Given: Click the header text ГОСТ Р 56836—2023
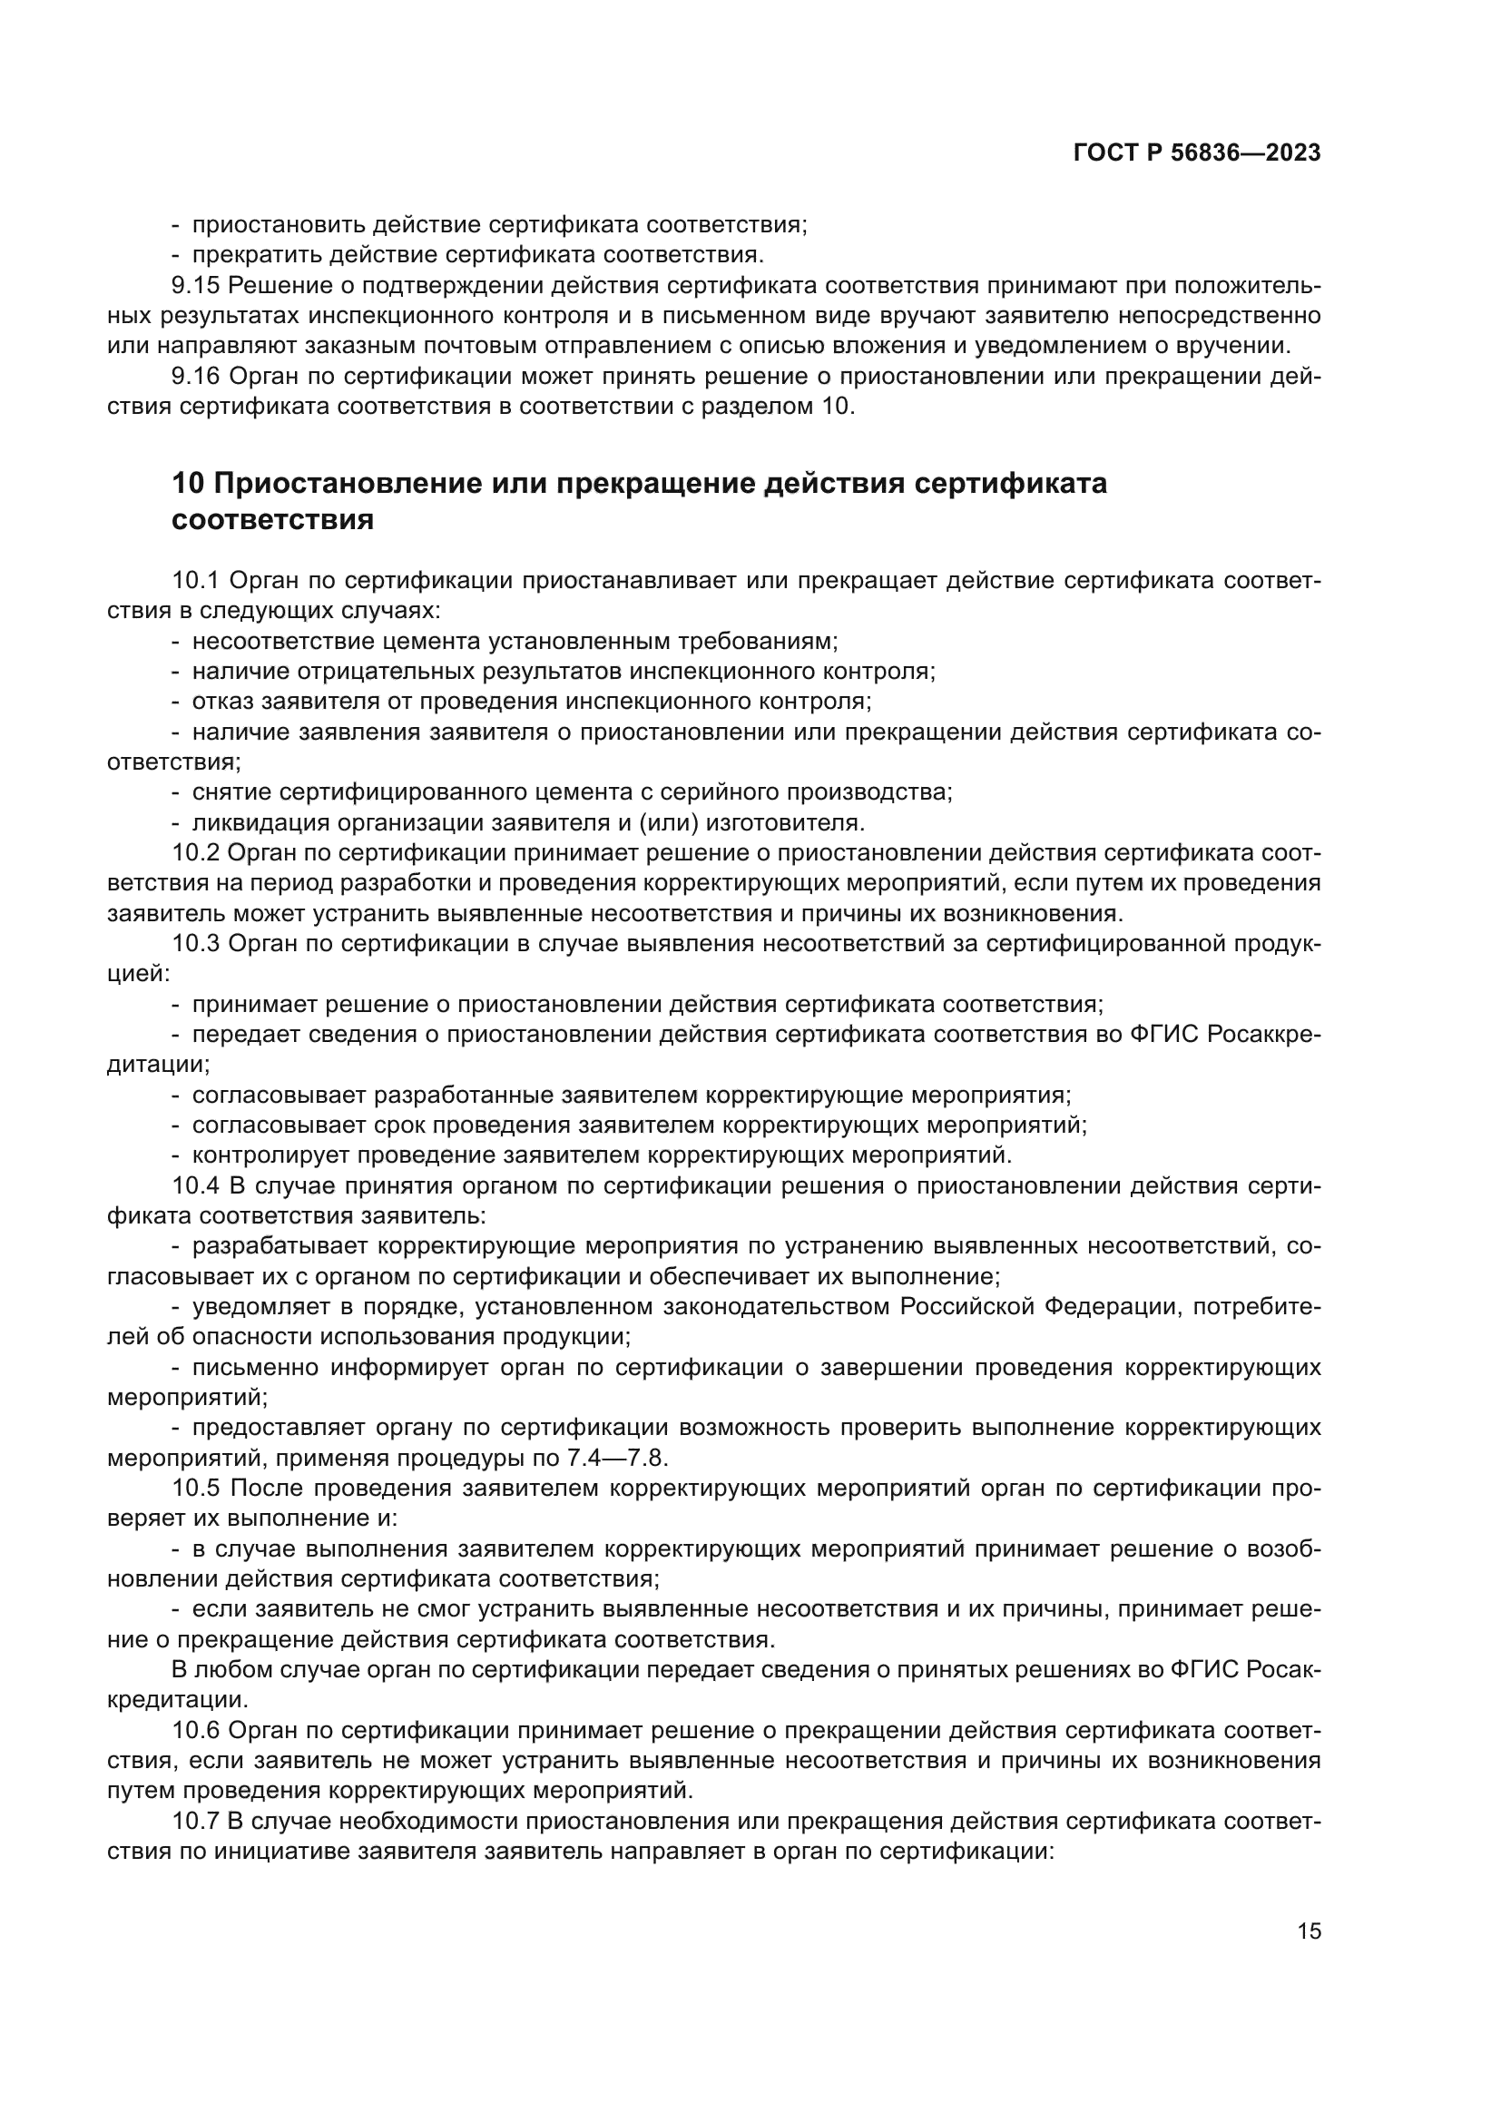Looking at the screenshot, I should [1197, 153].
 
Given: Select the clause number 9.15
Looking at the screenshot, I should [196, 286].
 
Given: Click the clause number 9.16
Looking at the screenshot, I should [196, 377].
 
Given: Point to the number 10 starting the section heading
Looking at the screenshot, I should [188, 484].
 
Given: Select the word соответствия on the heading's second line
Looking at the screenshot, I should [272, 520].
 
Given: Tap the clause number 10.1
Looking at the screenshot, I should [196, 581].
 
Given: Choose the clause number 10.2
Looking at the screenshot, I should [196, 852].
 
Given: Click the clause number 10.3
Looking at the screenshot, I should [196, 943].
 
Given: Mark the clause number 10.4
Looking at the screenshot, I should [196, 1185].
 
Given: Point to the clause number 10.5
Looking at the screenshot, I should [196, 1488].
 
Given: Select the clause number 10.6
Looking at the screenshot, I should [196, 1730].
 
